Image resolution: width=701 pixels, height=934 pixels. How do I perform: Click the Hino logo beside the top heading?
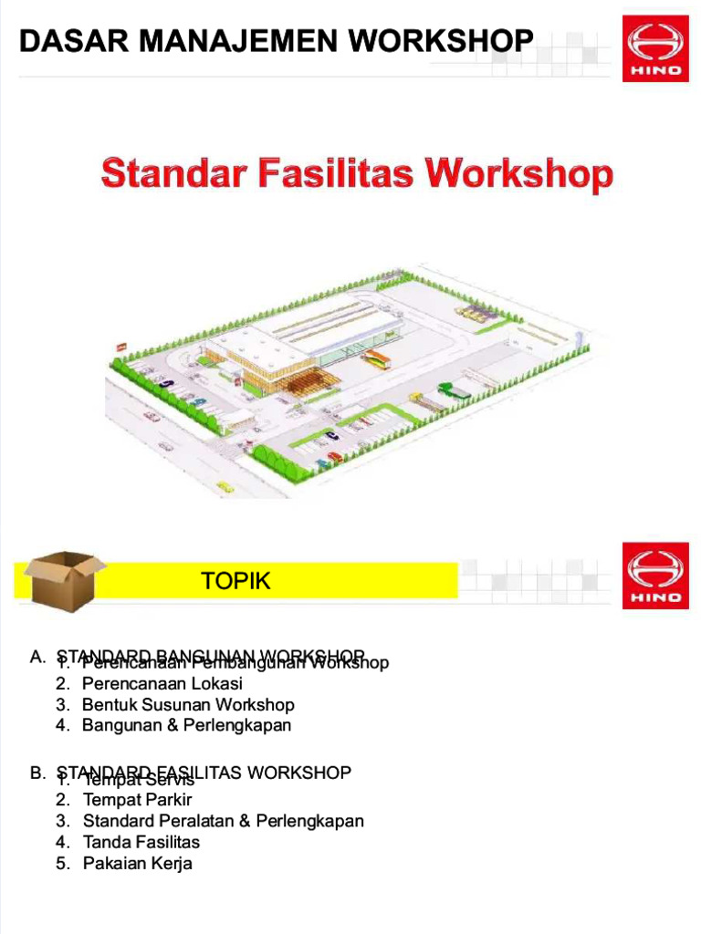click(x=655, y=48)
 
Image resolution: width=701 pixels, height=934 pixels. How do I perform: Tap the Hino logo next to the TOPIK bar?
click(x=655, y=576)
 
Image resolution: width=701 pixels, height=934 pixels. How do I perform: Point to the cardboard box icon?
click(x=60, y=579)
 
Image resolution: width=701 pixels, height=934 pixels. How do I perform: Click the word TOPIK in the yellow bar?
click(x=236, y=581)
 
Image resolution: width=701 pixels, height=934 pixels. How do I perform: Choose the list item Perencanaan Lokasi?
click(x=162, y=683)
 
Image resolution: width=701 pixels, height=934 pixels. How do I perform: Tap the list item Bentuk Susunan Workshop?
click(x=188, y=704)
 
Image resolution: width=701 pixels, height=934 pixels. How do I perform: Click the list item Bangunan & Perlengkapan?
click(x=186, y=725)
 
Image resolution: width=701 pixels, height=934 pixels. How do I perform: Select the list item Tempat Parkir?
click(x=137, y=800)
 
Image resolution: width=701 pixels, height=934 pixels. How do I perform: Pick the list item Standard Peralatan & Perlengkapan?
click(x=223, y=821)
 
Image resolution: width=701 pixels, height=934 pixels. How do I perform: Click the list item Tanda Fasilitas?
click(x=141, y=842)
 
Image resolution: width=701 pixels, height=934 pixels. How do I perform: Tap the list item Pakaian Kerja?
click(x=137, y=863)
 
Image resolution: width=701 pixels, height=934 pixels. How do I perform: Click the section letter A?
click(x=37, y=657)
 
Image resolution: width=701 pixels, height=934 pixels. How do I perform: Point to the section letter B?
click(x=37, y=773)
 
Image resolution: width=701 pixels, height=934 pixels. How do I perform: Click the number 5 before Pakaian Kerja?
click(x=61, y=863)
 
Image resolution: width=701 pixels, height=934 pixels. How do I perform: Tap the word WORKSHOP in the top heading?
click(x=441, y=40)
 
